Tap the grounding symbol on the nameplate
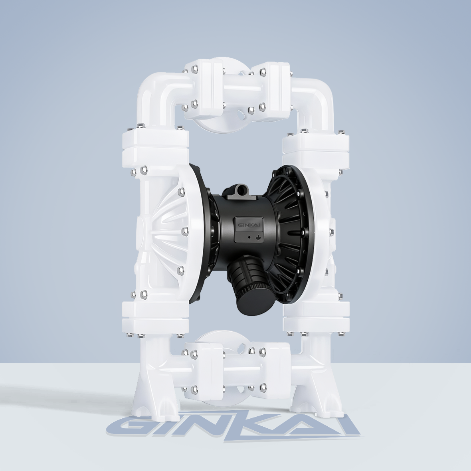coord(257,237)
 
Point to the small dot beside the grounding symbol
coord(249,237)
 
